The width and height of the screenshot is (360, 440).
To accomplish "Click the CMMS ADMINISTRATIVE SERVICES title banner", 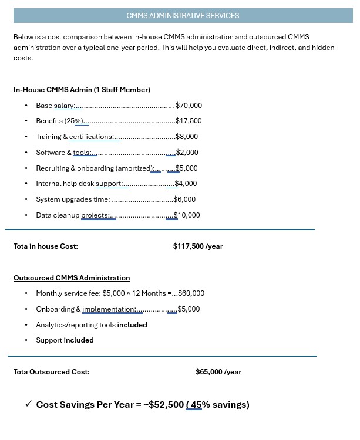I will pos(183,16).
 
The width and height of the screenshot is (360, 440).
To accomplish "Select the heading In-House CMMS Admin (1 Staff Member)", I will pos(82,90).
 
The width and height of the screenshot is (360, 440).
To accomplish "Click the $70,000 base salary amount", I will pos(189,106).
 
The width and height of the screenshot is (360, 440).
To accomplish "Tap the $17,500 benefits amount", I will pos(189,121).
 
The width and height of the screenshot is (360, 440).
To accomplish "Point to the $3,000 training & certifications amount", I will pos(187,137).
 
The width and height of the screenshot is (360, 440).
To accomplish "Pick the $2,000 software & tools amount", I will pos(187,153).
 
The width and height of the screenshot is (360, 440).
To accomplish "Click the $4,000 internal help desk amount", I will pos(186,184).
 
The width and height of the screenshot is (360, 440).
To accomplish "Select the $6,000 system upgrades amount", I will pos(185,199).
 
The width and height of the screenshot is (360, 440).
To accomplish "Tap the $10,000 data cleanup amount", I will pos(187,215).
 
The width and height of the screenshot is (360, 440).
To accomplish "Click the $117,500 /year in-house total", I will pos(198,246).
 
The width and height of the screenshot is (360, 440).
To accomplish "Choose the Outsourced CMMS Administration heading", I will pos(72,278).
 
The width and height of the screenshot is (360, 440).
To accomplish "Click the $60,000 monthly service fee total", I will pos(191,293).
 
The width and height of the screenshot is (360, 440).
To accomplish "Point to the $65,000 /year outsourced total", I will pos(218,372).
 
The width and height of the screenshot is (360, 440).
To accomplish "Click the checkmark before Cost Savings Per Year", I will pos(28,404).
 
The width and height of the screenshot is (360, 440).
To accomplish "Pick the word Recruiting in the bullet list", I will pos(52,168).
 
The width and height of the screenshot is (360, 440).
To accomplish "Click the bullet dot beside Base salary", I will pos(26,106).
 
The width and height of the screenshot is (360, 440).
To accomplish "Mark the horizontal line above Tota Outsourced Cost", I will pos(162,356).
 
